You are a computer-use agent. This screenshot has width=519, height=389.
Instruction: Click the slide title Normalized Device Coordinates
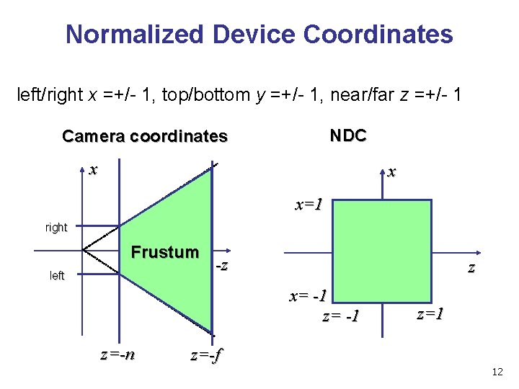point(259,34)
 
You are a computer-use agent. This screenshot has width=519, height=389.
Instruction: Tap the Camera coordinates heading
point(145,136)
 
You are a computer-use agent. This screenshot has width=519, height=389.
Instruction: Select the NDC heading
point(348,135)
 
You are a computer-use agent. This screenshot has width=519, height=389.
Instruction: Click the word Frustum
point(164,252)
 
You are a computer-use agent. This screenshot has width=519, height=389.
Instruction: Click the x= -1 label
point(309,296)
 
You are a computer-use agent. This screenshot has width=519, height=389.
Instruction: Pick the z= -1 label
point(341,316)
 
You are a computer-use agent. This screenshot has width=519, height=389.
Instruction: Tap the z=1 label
point(430,313)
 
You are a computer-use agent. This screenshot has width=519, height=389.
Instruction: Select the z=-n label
point(117,354)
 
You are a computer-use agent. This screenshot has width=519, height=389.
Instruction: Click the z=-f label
point(207,355)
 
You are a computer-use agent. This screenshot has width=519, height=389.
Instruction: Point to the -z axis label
point(223,265)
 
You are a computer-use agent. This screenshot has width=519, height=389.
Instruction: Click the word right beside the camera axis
point(56,228)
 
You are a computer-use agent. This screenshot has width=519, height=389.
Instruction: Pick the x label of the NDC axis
point(391,172)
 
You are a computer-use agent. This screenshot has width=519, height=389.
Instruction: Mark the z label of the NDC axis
point(471,268)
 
